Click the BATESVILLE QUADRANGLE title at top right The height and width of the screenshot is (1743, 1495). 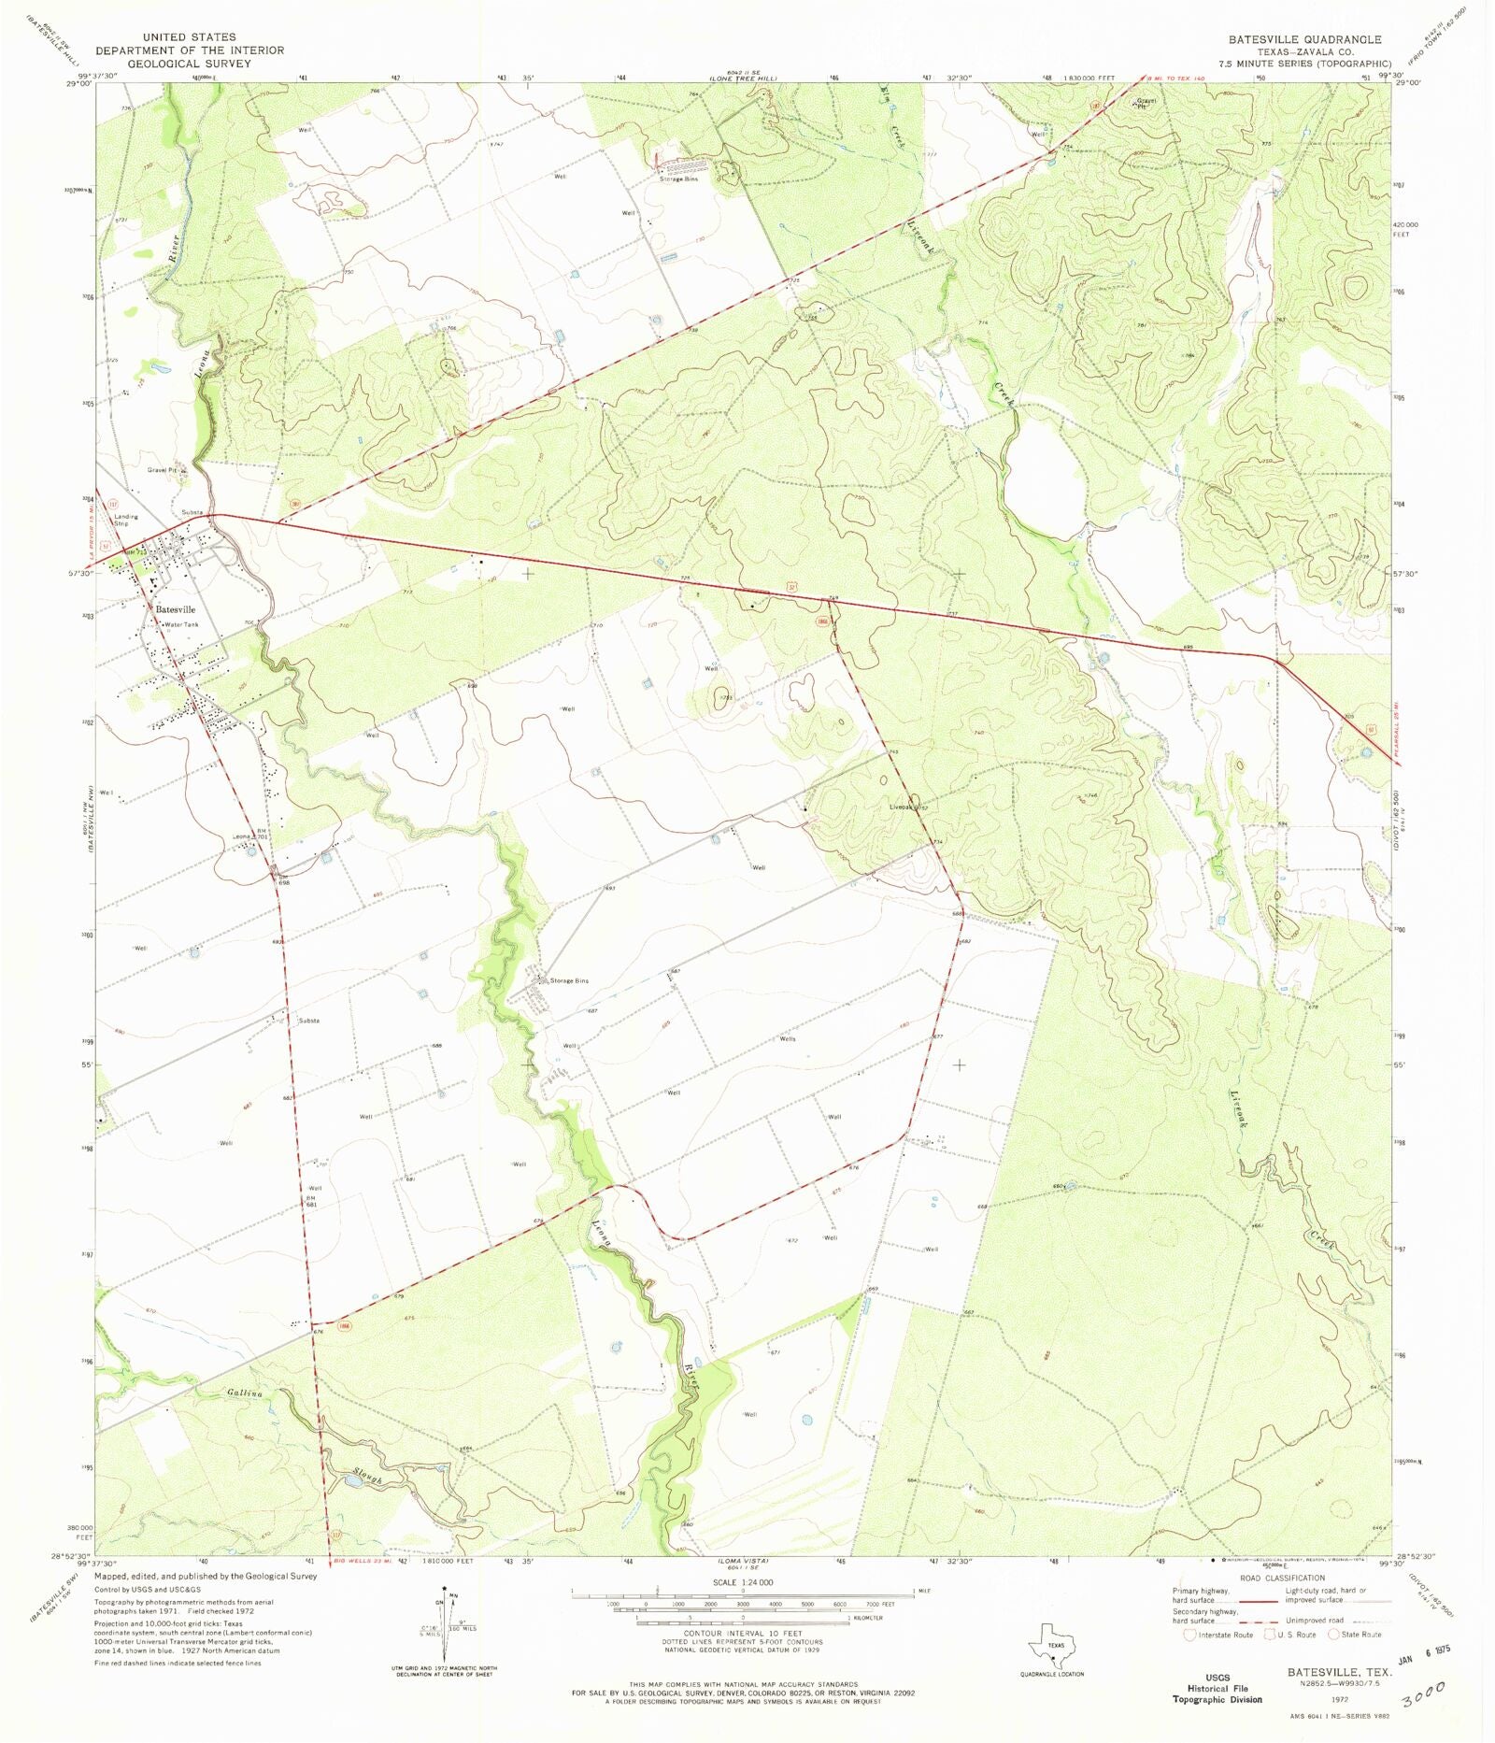coord(1304,39)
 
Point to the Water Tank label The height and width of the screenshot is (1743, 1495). coord(181,624)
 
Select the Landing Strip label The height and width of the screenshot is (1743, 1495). coord(125,520)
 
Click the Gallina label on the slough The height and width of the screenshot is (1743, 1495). coord(244,1393)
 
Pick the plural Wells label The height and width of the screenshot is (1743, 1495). coord(787,1039)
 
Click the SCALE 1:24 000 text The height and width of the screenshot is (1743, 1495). coord(743,1582)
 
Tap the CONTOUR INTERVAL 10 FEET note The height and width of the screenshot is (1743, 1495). coord(743,1634)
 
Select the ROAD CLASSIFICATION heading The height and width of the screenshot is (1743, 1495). coord(1282,1578)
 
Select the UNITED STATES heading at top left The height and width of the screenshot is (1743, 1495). coord(189,37)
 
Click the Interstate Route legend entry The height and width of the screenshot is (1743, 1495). coord(1218,1635)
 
